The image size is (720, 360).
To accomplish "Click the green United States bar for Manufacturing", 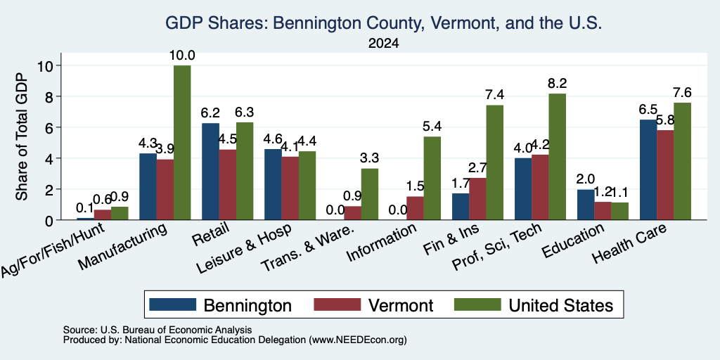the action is click(x=182, y=143).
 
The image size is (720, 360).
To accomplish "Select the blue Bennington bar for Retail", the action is click(x=210, y=172).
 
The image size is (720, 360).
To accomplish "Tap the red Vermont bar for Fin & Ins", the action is click(x=477, y=199).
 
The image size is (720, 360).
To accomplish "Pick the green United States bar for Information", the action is click(x=432, y=178).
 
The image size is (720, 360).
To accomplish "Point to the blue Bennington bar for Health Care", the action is click(x=648, y=170).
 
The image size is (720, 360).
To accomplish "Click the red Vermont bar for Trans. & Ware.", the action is click(x=353, y=213).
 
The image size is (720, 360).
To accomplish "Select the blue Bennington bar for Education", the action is click(x=586, y=205).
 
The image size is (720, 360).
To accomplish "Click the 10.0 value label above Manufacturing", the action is click(x=183, y=56).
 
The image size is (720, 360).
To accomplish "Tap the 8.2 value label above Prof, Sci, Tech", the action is click(x=557, y=84).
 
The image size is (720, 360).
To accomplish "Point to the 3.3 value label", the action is click(x=370, y=158).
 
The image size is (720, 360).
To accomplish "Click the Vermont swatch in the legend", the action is click(x=337, y=304).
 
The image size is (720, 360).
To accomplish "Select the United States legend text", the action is click(x=560, y=305).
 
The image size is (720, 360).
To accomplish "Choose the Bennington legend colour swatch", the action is click(x=173, y=304).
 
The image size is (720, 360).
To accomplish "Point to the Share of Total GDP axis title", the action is click(x=22, y=137).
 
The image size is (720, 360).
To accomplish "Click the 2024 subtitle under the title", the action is click(x=384, y=44).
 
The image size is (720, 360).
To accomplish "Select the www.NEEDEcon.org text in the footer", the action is click(x=358, y=340).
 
